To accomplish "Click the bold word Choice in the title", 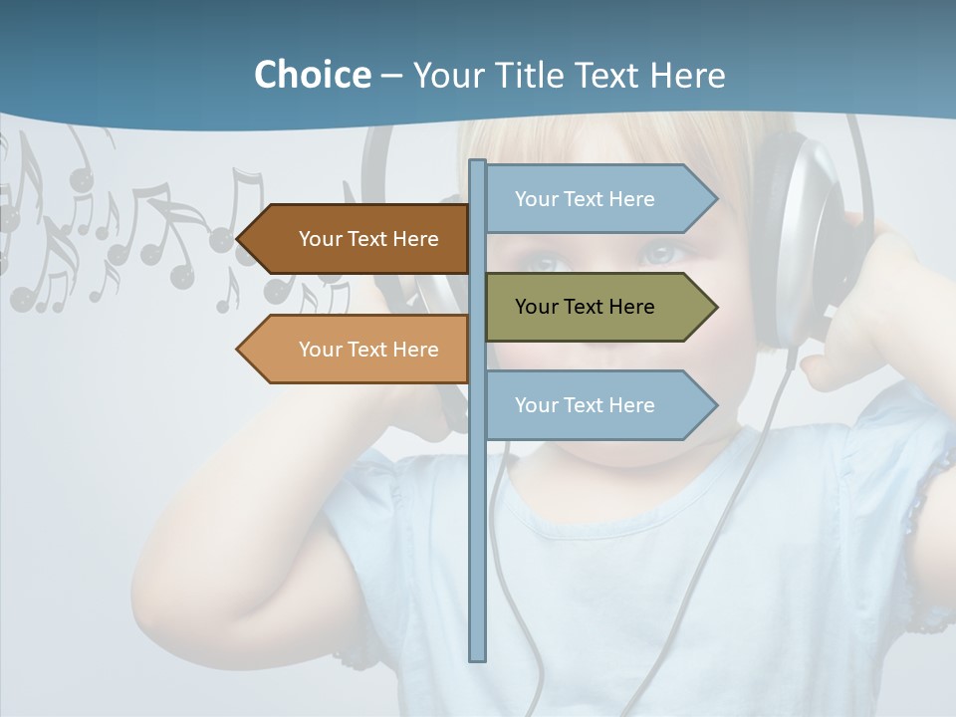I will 312,75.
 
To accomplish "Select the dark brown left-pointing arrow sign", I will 358,239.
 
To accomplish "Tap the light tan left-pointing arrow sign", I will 358,350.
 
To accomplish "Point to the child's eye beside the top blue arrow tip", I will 659,253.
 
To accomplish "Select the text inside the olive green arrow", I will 585,307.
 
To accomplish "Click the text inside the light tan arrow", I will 368,350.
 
